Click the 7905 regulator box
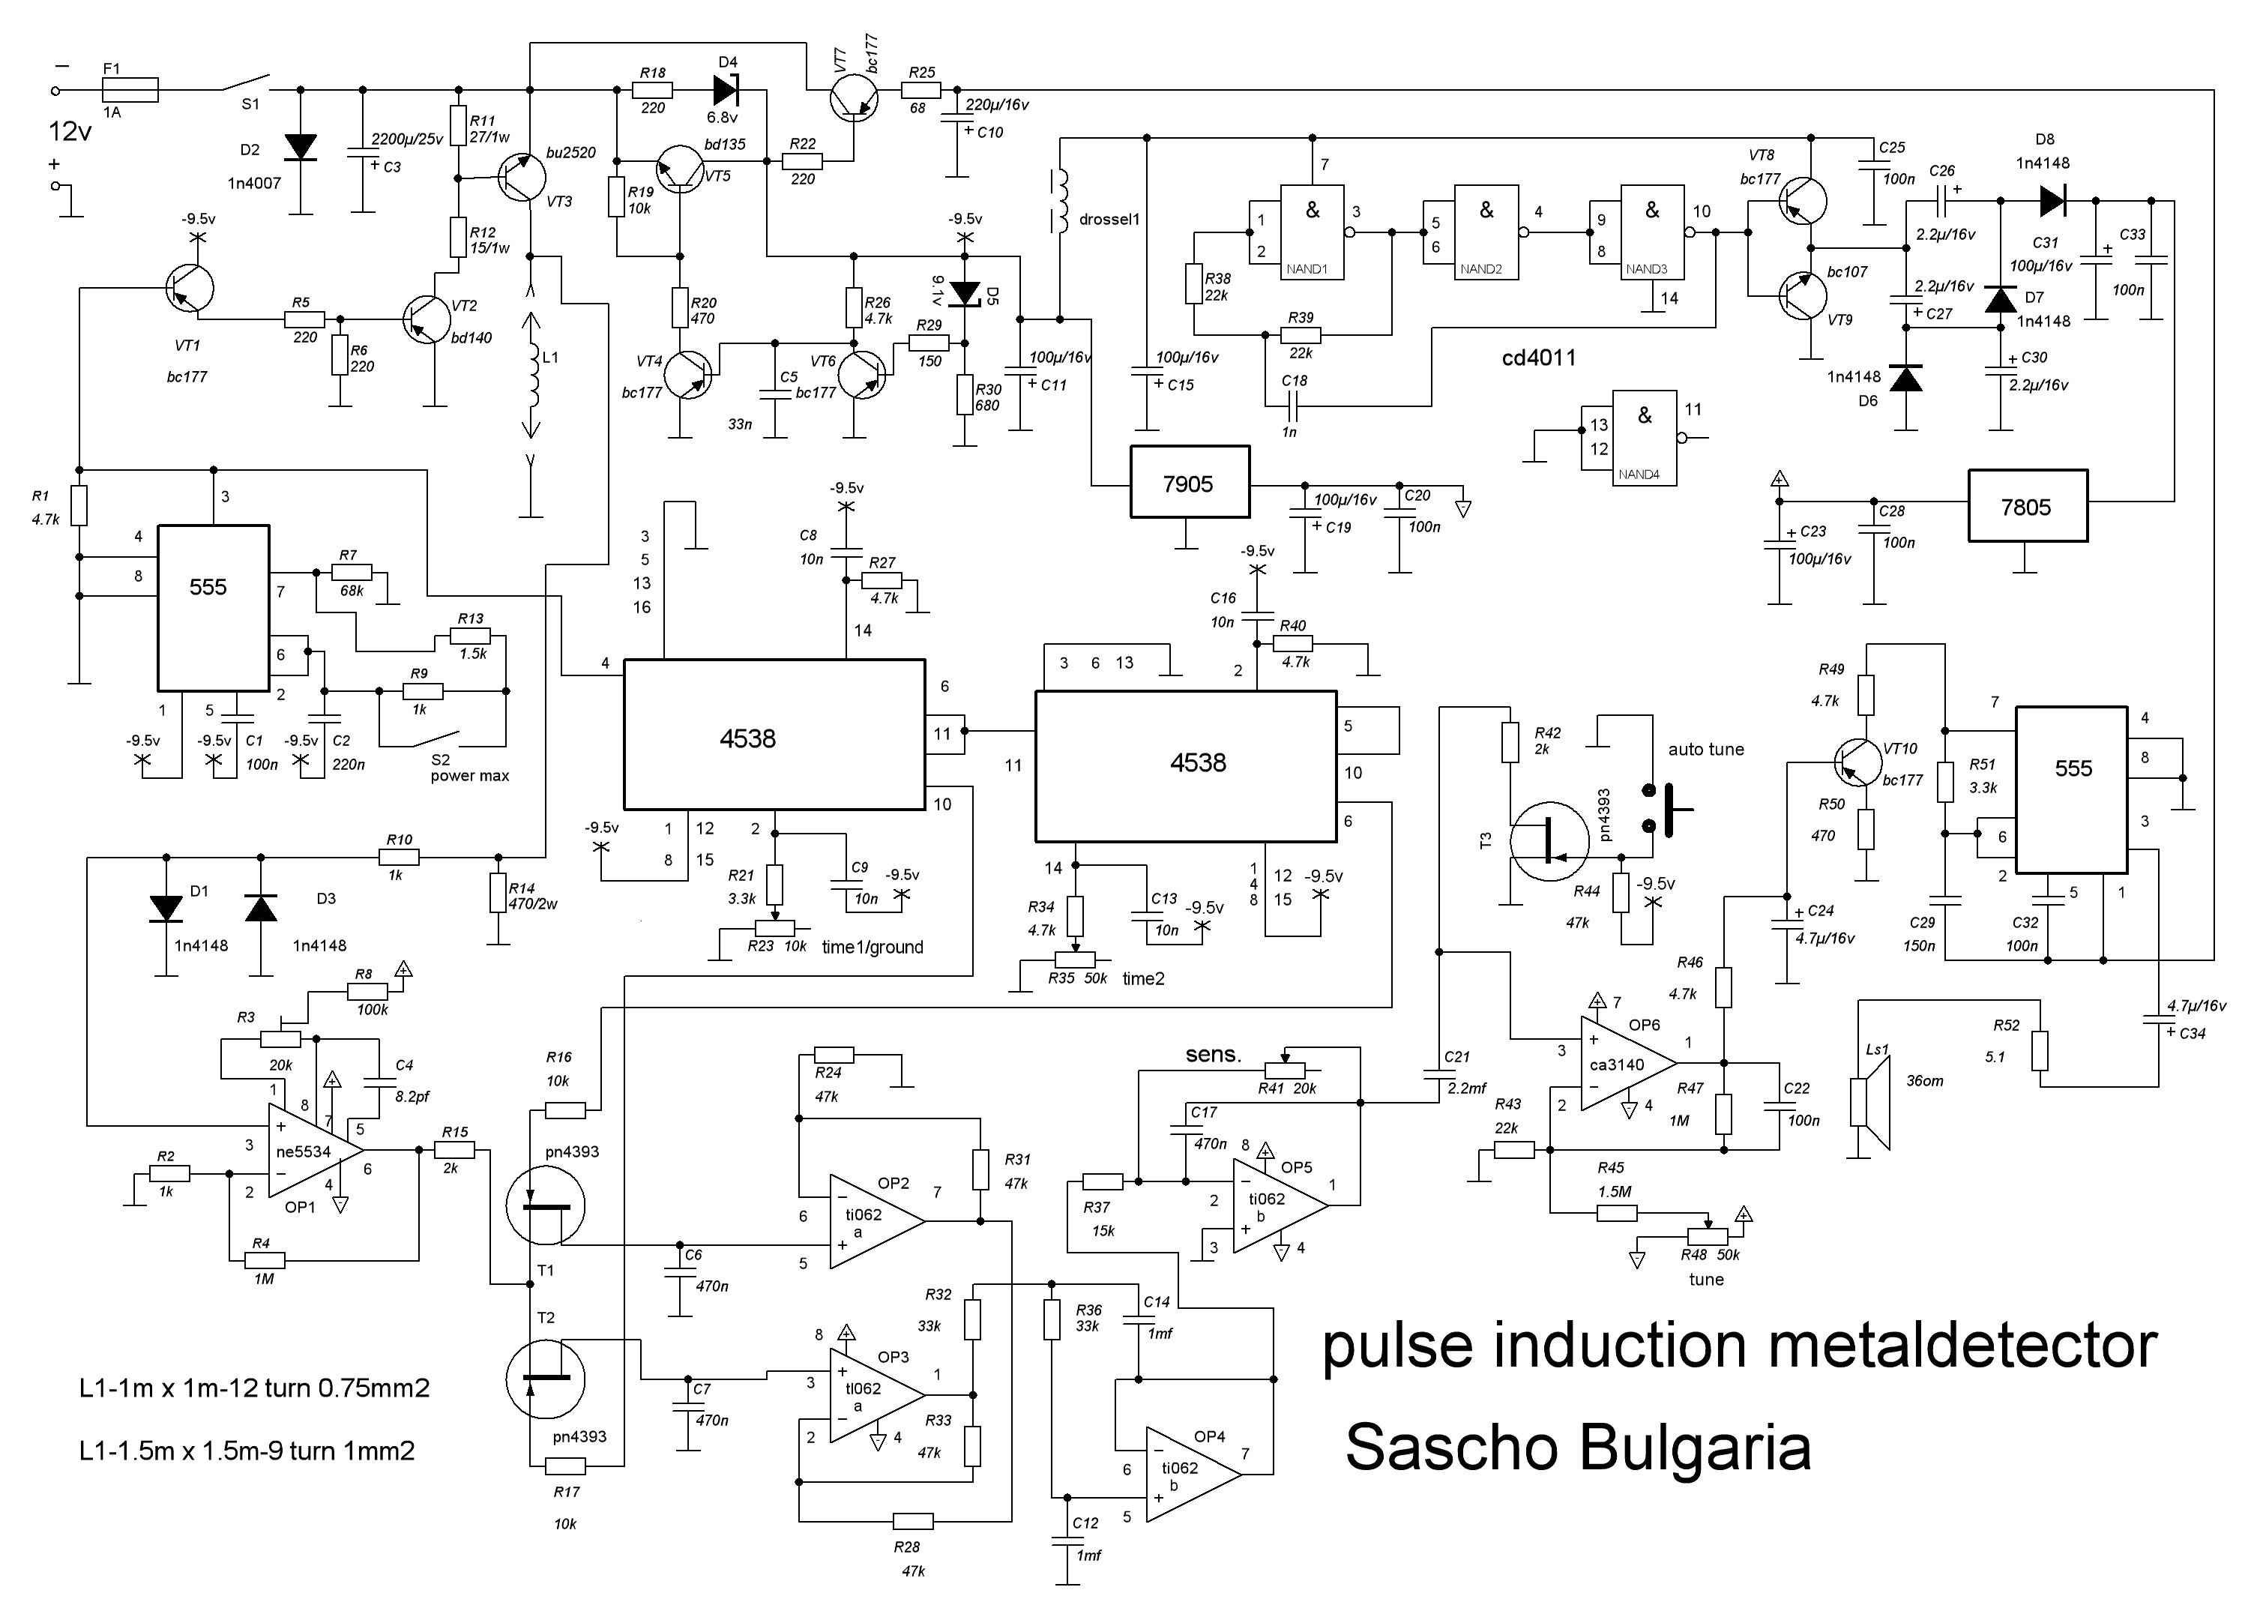(1189, 482)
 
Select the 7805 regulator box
(2027, 506)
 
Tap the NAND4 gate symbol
(1644, 437)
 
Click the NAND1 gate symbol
(1313, 232)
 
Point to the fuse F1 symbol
(130, 90)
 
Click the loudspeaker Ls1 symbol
(1869, 1104)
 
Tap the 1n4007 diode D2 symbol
(300, 148)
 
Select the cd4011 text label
(1538, 358)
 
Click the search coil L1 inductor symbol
(533, 376)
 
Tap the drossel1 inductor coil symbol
(1059, 200)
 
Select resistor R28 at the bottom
(912, 1520)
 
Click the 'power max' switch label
(469, 776)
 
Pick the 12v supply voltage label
(70, 131)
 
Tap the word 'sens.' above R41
(1213, 1055)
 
